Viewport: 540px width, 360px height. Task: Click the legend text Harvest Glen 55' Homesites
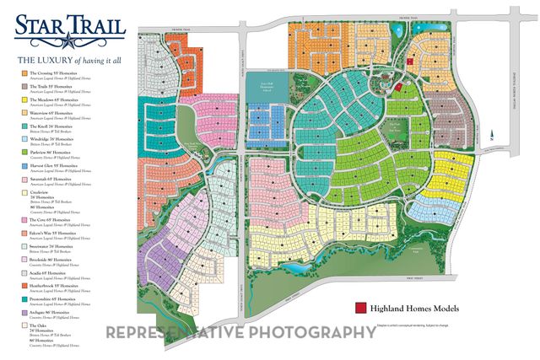52,165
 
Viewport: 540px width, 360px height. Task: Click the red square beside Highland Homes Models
359,309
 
